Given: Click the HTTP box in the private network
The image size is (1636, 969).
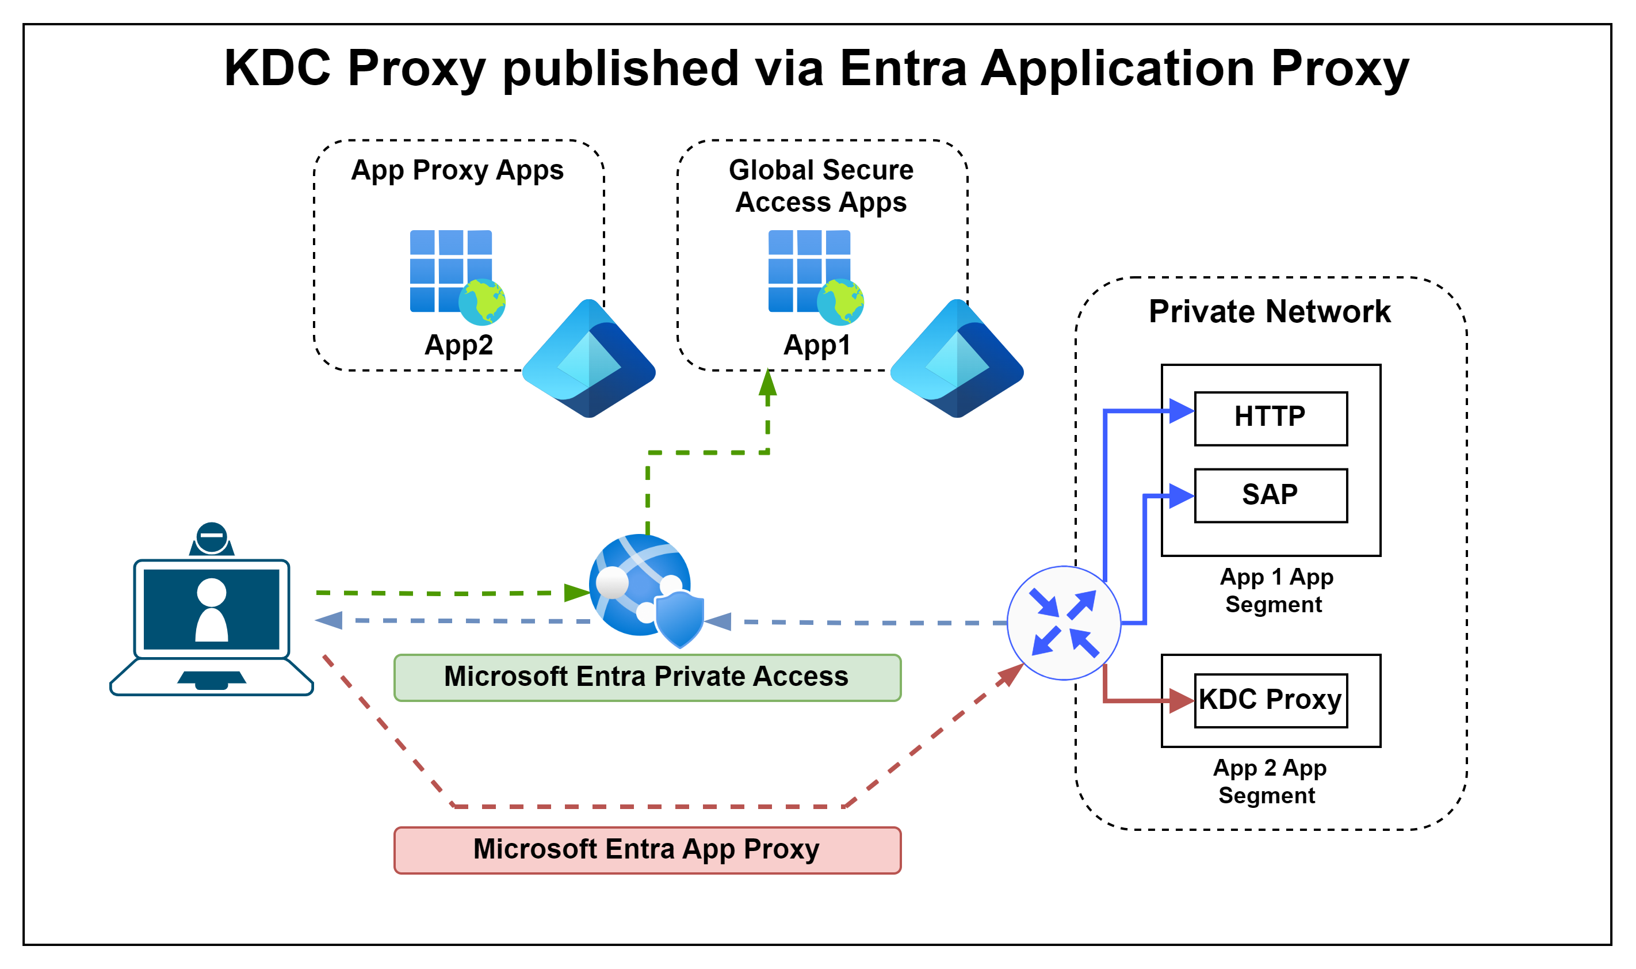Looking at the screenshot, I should click(1270, 418).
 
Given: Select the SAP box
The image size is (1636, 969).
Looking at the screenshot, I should click(1270, 495).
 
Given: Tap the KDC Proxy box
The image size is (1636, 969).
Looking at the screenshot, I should click(1270, 700).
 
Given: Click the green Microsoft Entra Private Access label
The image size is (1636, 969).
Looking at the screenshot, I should click(647, 677).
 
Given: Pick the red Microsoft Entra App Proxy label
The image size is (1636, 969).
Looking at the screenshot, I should click(647, 849).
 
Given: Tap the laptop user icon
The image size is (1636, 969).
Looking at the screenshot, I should click(212, 611).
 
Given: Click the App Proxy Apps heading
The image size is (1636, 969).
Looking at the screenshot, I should click(457, 170).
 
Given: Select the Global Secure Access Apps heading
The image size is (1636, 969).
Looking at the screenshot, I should click(821, 186).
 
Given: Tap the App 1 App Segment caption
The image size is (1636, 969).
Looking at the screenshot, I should click(1276, 590).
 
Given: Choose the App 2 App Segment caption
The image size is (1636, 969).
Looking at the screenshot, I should click(1269, 781).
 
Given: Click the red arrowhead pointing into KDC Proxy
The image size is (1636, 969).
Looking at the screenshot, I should click(1181, 701).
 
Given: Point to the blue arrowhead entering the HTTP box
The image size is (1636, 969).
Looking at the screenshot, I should click(1181, 411).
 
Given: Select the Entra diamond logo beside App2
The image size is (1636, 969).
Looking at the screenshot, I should click(588, 358).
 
